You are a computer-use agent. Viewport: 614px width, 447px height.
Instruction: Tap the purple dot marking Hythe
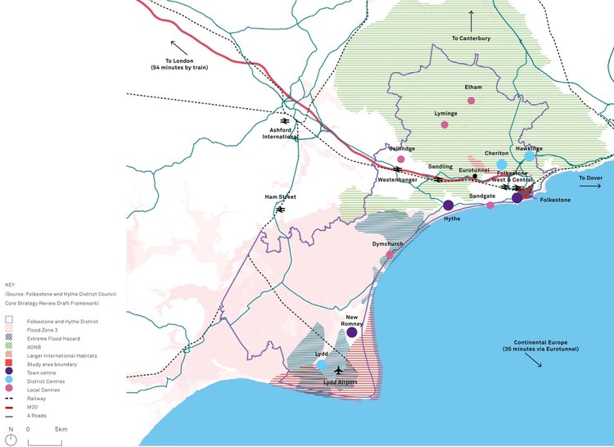click(x=449, y=205)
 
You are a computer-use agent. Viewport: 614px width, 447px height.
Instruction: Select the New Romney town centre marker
click(x=352, y=332)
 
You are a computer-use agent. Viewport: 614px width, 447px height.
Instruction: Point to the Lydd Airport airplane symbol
click(x=338, y=369)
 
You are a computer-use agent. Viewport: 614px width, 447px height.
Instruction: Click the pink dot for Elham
click(x=471, y=101)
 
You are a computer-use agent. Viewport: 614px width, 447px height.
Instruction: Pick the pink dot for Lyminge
click(x=445, y=124)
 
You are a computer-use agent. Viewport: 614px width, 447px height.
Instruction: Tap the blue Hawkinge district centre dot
click(x=530, y=156)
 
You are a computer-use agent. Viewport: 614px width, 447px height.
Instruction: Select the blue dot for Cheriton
click(x=501, y=165)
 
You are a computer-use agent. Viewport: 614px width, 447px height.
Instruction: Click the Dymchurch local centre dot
click(x=390, y=255)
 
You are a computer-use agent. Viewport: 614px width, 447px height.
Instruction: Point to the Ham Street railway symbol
click(x=280, y=209)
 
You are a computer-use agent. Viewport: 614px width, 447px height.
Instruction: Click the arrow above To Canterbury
click(x=472, y=17)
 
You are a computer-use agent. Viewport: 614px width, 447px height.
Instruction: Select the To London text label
click(x=185, y=63)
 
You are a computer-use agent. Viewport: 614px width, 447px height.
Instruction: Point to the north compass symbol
click(x=10, y=440)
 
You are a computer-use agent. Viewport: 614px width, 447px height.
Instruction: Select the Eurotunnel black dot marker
click(x=475, y=176)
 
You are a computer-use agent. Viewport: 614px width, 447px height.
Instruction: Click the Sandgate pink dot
click(x=490, y=205)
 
